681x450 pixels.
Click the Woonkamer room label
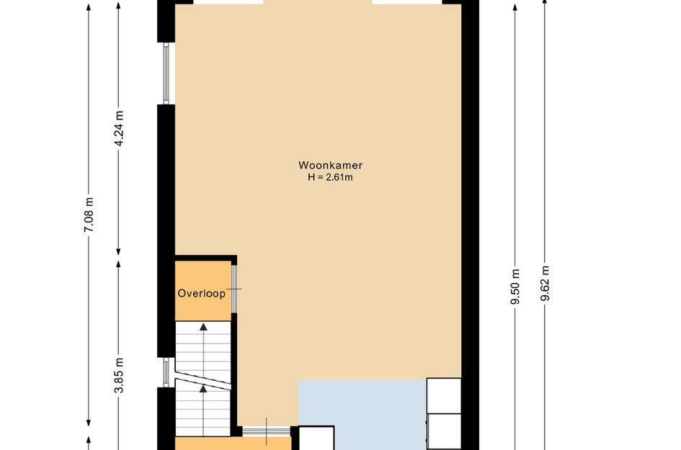click(x=330, y=166)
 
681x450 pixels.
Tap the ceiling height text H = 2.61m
click(x=330, y=177)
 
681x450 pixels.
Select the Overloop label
click(x=202, y=293)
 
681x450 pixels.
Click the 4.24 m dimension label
click(x=120, y=127)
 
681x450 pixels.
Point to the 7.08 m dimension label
click(x=89, y=215)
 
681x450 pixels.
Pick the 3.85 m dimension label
click(x=120, y=376)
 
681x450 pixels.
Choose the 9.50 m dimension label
click(x=515, y=287)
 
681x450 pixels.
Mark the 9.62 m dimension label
click(x=546, y=284)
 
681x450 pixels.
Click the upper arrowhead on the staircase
click(x=203, y=327)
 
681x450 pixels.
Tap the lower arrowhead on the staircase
click(x=203, y=389)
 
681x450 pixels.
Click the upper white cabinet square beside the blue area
click(x=444, y=396)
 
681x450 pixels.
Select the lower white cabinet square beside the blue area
click(x=444, y=431)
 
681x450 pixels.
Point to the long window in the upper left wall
click(x=166, y=73)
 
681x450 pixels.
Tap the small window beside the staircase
click(x=166, y=372)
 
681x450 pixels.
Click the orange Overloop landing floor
click(x=202, y=291)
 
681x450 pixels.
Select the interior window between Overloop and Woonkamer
click(x=234, y=289)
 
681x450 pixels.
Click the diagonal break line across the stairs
click(x=202, y=377)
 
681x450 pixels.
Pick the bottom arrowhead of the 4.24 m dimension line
click(x=118, y=252)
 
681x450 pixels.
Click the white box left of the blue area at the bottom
click(x=316, y=438)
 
